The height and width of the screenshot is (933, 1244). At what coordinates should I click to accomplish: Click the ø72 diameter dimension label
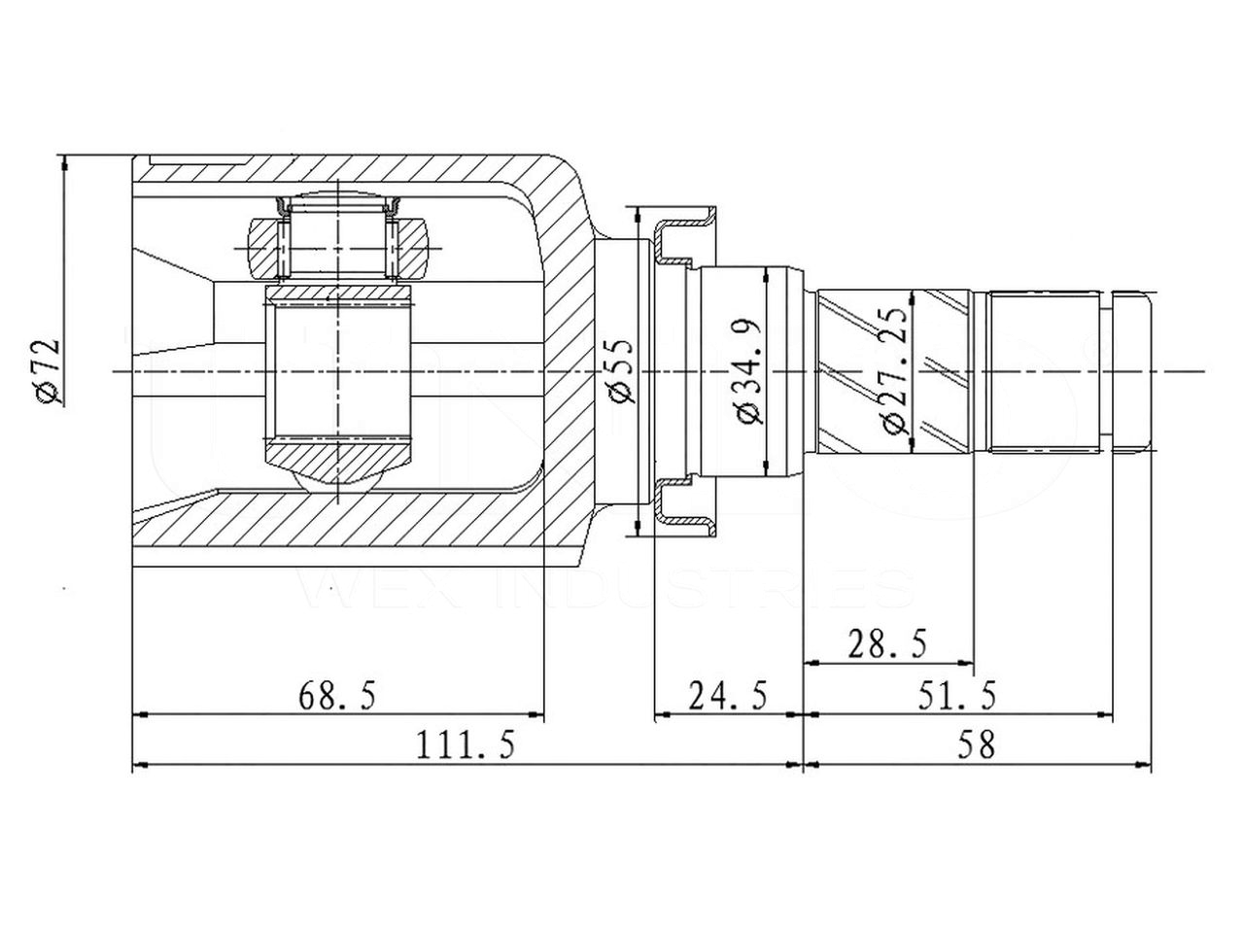point(48,371)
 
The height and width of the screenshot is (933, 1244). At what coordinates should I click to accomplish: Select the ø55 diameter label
point(620,371)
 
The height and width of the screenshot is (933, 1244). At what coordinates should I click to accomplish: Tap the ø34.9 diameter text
point(752,371)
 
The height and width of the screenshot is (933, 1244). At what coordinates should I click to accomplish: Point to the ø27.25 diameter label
point(895,371)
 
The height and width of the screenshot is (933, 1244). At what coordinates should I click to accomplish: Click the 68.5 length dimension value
point(337,697)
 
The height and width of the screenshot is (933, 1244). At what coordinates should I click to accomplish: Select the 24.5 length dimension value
point(728,697)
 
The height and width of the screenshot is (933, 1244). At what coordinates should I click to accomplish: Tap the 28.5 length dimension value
point(887,643)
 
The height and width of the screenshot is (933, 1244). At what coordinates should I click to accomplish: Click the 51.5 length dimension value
point(957,697)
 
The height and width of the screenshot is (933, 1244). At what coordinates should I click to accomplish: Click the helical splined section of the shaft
point(894,372)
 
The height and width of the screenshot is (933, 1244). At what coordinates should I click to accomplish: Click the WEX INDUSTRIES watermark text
point(608,589)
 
